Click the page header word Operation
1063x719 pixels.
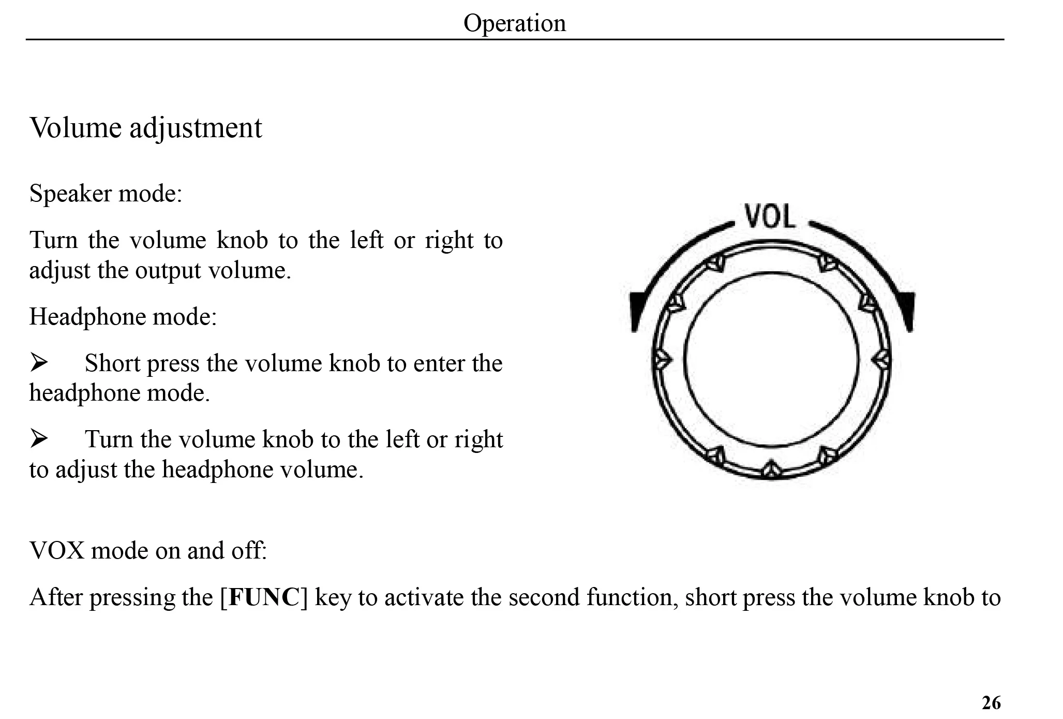(x=514, y=23)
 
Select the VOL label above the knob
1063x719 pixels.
(x=770, y=216)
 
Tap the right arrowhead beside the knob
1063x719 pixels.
(x=907, y=311)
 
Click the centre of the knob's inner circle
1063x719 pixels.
(x=771, y=359)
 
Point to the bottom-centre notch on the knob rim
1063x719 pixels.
(x=771, y=469)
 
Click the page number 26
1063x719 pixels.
(x=991, y=703)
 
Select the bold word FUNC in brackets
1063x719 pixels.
(x=264, y=597)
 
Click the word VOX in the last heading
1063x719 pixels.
(x=57, y=550)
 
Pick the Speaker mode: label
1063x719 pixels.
(x=106, y=194)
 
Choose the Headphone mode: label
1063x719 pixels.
(x=123, y=316)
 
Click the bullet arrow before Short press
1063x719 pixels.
(x=39, y=362)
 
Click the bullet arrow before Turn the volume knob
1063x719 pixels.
(x=39, y=438)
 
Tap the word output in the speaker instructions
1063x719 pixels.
(x=168, y=270)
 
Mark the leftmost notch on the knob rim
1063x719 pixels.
(x=661, y=359)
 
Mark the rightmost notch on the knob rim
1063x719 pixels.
(x=881, y=359)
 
